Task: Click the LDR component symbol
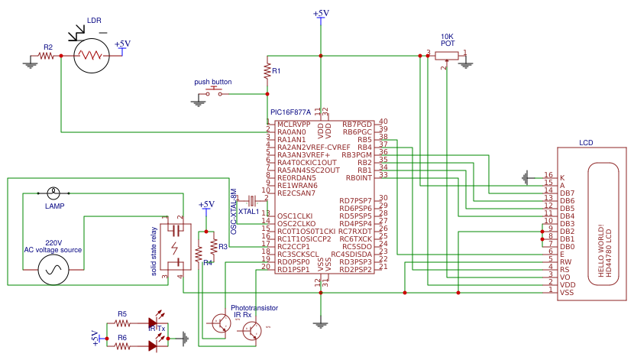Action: click(x=92, y=55)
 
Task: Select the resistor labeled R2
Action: click(x=47, y=56)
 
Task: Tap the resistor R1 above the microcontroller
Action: click(x=267, y=71)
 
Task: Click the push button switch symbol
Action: click(x=213, y=93)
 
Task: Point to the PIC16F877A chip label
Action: click(x=291, y=112)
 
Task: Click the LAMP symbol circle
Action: click(x=53, y=193)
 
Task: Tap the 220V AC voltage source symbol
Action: click(x=55, y=269)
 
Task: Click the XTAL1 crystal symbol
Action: click(x=250, y=200)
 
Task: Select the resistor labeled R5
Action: click(x=122, y=323)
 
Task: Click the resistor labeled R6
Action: click(x=122, y=345)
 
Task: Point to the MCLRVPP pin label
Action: click(x=293, y=124)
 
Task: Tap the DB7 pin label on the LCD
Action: click(x=567, y=193)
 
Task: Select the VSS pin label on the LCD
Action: click(x=567, y=292)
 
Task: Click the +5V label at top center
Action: click(x=321, y=14)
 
